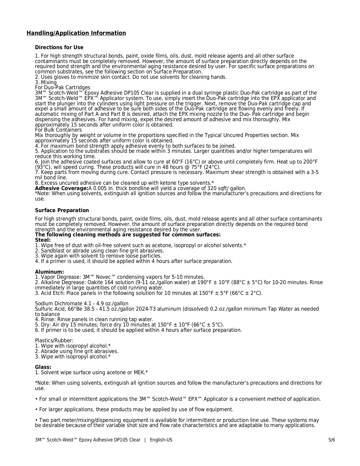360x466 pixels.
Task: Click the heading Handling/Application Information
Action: [76, 33]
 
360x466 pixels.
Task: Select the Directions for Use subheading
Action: [59, 47]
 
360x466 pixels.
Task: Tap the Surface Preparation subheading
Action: [62, 210]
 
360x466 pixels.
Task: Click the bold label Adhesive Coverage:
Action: [62, 188]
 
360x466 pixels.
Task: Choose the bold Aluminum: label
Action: [49, 272]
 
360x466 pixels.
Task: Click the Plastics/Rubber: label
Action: [54, 341]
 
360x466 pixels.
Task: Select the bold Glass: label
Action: [43, 367]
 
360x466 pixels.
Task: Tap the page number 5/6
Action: [331, 440]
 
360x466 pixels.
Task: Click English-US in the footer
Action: [161, 440]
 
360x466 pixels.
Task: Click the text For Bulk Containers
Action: [58, 130]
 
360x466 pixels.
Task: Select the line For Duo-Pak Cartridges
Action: [62, 88]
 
